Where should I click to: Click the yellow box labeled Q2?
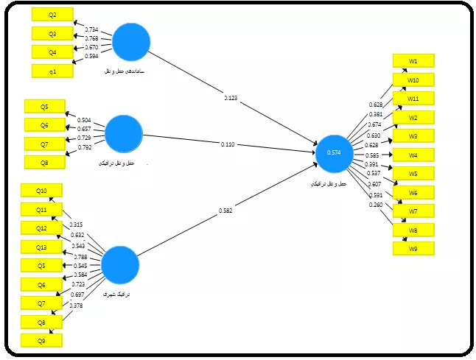coord(52,15)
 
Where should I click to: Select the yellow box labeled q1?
coord(52,71)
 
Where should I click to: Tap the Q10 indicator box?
coord(41,191)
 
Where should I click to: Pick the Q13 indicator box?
coord(41,247)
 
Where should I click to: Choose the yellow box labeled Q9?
coord(41,340)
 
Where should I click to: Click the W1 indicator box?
coord(413,60)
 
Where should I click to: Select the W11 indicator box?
coord(413,98)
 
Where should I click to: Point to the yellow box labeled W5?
coord(413,174)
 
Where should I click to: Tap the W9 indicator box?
coord(413,248)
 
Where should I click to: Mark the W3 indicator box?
coord(413,136)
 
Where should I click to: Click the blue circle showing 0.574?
coord(334,152)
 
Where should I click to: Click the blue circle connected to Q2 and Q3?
coord(131,41)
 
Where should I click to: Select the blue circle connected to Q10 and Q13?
coord(119,266)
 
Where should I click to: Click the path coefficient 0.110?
coord(228,144)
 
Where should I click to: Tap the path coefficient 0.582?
coord(225,211)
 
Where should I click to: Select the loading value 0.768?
coord(91,38)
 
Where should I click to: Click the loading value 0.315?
coord(76,225)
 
